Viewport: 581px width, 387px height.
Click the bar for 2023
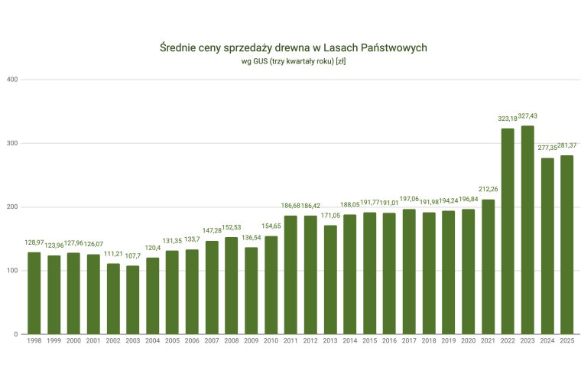coord(527,229)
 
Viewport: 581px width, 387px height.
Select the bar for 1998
coord(34,293)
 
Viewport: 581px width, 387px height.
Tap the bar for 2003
coord(133,300)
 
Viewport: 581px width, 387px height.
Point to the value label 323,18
coord(508,119)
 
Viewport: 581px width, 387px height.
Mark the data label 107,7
coord(133,256)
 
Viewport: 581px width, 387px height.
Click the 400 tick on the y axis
coord(13,80)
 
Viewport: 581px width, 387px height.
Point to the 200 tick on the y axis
coord(13,207)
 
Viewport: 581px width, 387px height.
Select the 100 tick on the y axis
coord(13,271)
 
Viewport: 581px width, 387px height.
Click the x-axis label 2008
coord(232,341)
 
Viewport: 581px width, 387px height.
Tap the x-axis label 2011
coord(290,341)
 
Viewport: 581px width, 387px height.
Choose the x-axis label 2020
coord(468,341)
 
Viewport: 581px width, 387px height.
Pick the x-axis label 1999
coord(54,341)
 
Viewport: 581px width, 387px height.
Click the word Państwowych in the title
coord(390,48)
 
